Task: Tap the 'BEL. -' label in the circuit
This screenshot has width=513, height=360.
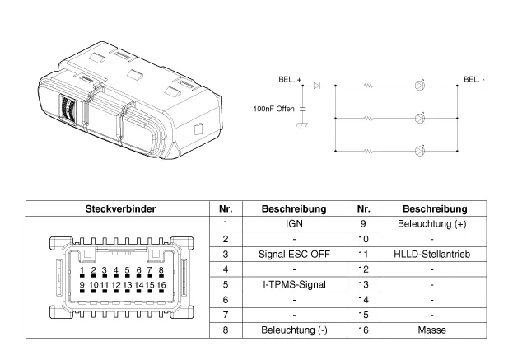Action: tap(474, 79)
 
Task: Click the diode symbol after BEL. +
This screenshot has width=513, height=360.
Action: tap(318, 85)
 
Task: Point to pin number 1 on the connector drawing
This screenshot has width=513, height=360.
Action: tap(83, 270)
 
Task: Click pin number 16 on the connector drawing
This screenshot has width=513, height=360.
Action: tap(161, 284)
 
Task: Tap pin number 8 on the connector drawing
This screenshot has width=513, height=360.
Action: tap(161, 270)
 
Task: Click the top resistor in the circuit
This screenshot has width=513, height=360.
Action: tap(369, 85)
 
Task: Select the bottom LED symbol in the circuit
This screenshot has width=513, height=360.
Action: tap(421, 151)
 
